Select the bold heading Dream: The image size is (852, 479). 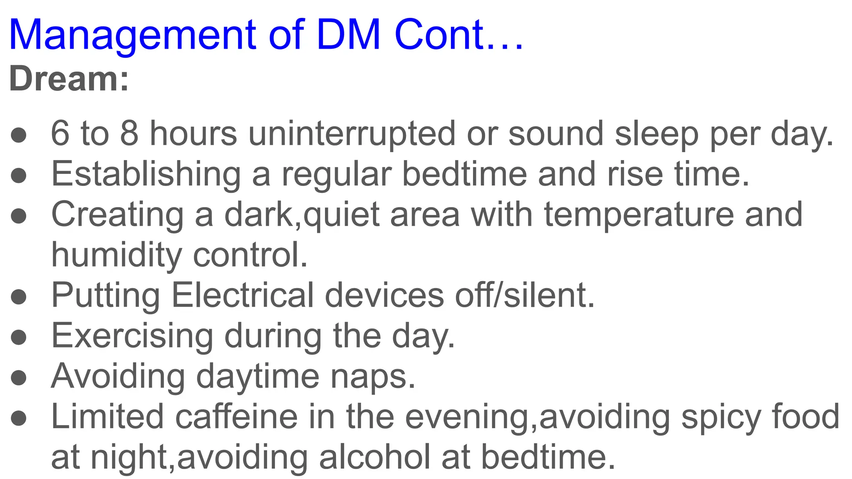click(x=69, y=79)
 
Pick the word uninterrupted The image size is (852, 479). click(x=352, y=134)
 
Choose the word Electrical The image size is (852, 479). click(x=243, y=295)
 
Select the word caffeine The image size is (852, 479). click(x=237, y=417)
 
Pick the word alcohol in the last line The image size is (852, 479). click(x=375, y=457)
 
